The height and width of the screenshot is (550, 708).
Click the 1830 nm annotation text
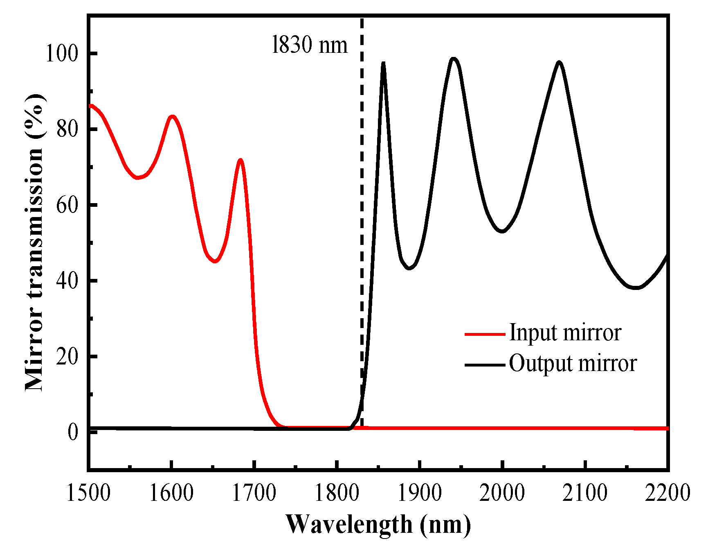pyautogui.click(x=310, y=45)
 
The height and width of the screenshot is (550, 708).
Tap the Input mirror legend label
pyautogui.click(x=565, y=333)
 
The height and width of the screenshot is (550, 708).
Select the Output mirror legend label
pyautogui.click(x=573, y=363)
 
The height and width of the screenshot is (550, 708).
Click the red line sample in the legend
pyautogui.click(x=485, y=334)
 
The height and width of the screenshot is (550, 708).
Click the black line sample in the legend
pyautogui.click(x=485, y=364)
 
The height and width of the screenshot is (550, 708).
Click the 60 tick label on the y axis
pyautogui.click(x=67, y=205)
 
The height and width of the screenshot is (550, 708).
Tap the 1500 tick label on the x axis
pyautogui.click(x=88, y=493)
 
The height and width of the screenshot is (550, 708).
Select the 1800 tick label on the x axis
pyautogui.click(x=336, y=493)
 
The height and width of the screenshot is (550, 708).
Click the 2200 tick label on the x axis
pyautogui.click(x=668, y=493)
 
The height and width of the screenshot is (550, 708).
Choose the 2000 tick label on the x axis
pyautogui.click(x=502, y=493)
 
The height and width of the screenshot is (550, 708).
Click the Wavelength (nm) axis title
pyautogui.click(x=378, y=525)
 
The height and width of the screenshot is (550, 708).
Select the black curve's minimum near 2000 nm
pyautogui.click(x=502, y=232)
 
